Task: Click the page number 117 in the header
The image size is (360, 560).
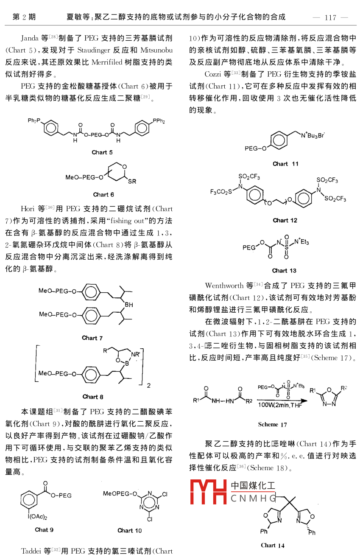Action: [330, 17]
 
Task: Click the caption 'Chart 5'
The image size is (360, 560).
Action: [102, 152]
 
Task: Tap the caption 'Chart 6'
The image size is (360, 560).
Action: [103, 195]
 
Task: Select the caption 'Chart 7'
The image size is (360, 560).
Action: [92, 338]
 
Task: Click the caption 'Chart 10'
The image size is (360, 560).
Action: [130, 530]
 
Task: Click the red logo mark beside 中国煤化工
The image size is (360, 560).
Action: [208, 492]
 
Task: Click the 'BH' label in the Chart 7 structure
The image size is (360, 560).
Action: [128, 304]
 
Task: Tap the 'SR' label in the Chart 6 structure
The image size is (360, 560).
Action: [132, 181]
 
